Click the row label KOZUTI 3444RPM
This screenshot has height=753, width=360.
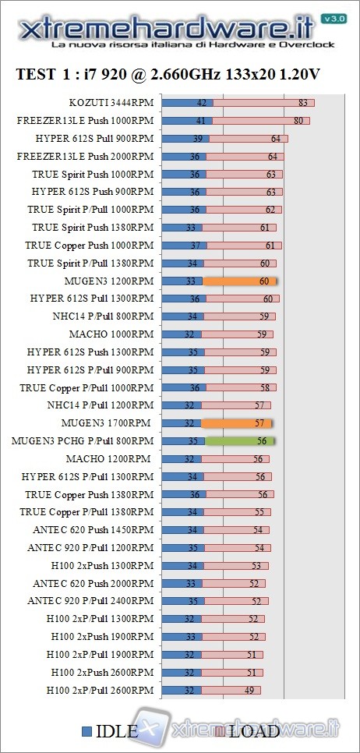[111, 103]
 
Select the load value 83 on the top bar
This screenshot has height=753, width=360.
[302, 103]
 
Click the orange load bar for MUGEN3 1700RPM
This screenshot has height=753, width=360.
[236, 423]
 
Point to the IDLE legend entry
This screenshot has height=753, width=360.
[110, 730]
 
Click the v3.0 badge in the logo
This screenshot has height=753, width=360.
[333, 18]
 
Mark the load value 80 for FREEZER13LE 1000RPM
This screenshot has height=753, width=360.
[298, 121]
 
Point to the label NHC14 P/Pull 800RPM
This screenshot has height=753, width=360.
[108, 316]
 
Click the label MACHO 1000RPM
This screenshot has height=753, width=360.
[122, 334]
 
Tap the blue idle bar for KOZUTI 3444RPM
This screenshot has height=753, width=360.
[187, 103]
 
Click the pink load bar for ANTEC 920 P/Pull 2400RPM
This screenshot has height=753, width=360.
[236, 601]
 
